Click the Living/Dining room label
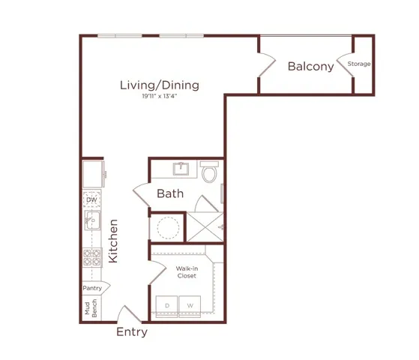tap(160, 85)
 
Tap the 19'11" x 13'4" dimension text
tap(160, 96)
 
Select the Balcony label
tap(311, 67)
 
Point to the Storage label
tap(359, 64)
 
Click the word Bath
tap(170, 193)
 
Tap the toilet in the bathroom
tap(209, 172)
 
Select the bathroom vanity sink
tap(181, 169)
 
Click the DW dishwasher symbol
tap(92, 199)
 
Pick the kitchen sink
tap(92, 220)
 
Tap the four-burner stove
tap(92, 257)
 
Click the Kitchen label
tap(113, 241)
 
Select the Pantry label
tap(92, 288)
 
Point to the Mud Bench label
tap(91, 308)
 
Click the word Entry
tap(132, 332)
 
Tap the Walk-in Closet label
tap(187, 272)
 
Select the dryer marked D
tap(166, 306)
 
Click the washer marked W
tap(190, 306)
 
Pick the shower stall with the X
tap(205, 226)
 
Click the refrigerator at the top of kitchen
tap(93, 174)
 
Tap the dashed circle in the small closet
tap(168, 228)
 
